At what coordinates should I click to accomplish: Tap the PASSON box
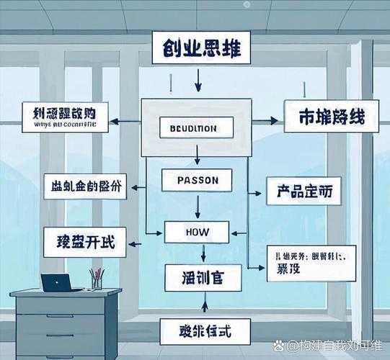pyautogui.click(x=196, y=179)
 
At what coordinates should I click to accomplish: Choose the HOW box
pyautogui.click(x=196, y=232)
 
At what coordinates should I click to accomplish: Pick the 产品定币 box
pyautogui.click(x=303, y=192)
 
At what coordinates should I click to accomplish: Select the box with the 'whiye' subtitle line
pyautogui.click(x=65, y=117)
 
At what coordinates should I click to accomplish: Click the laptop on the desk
pyautogui.click(x=61, y=283)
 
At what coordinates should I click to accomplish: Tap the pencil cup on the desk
pyautogui.click(x=96, y=280)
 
